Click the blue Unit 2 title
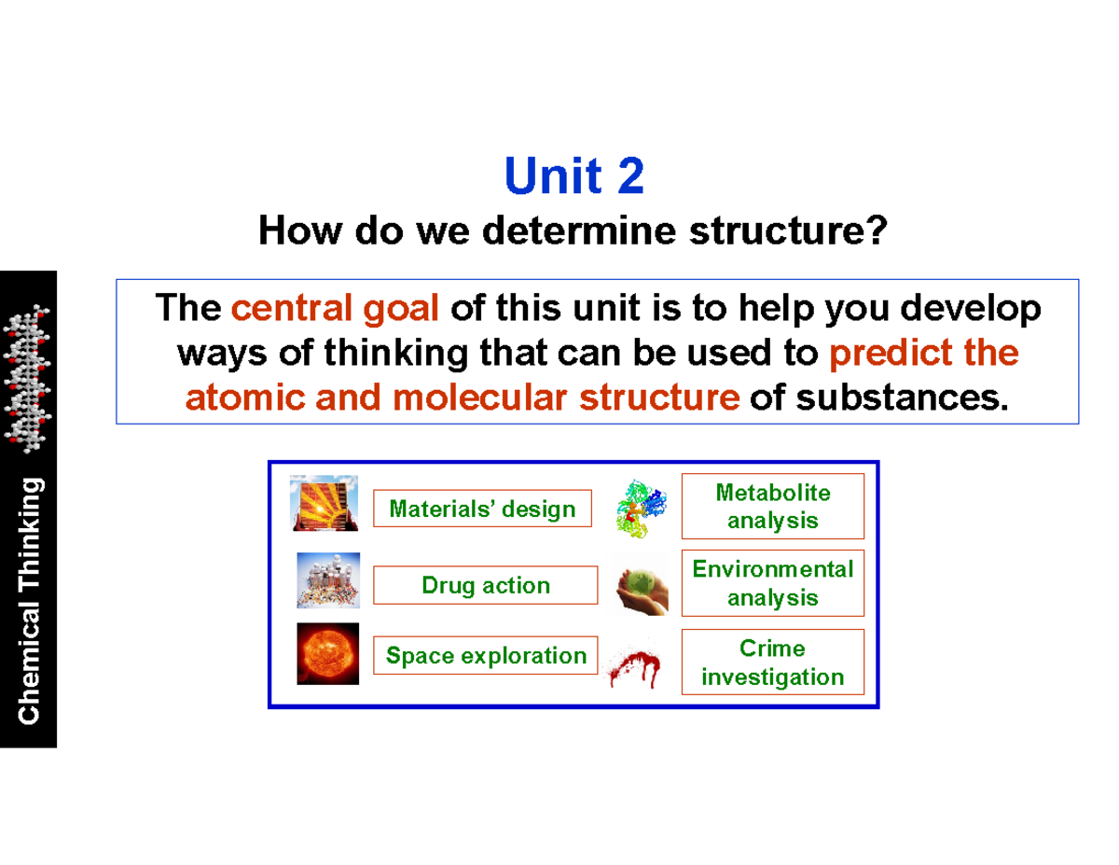pos(573,176)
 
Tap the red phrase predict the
pos(923,353)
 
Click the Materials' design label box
pos(482,509)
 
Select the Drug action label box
pos(486,585)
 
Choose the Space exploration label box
pos(486,656)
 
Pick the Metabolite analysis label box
pos(772,506)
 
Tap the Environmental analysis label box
pos(772,583)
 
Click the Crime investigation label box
pos(772,663)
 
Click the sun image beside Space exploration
pos(327,653)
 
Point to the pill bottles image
pos(327,580)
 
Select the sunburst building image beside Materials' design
pos(324,504)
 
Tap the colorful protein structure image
pos(641,509)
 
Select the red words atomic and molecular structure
pos(463,398)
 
